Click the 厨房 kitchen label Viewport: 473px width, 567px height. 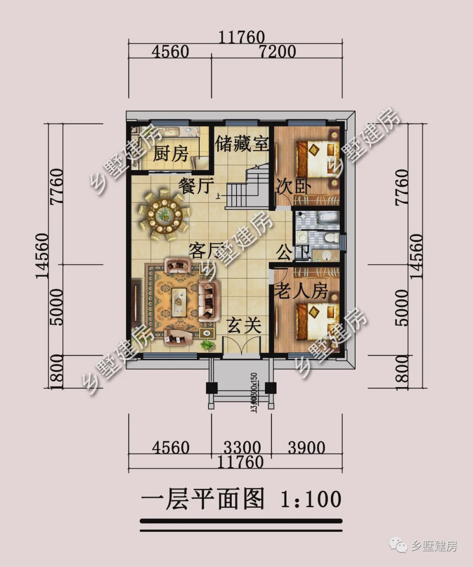click(x=171, y=154)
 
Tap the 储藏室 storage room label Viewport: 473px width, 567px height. click(x=242, y=143)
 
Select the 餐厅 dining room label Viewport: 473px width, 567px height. click(x=196, y=186)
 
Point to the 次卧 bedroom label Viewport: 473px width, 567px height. click(x=293, y=187)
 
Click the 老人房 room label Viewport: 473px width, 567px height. click(x=301, y=290)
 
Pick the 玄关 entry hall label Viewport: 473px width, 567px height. click(x=244, y=325)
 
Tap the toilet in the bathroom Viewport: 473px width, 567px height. click(x=331, y=238)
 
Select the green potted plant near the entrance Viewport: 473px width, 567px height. click(x=208, y=345)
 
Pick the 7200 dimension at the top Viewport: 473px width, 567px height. click(x=277, y=52)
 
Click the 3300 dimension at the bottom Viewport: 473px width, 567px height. click(x=242, y=447)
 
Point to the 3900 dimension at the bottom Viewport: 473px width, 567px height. click(x=307, y=447)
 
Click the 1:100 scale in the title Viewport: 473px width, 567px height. click(x=311, y=499)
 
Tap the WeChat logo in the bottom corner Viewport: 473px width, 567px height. click(x=398, y=545)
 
